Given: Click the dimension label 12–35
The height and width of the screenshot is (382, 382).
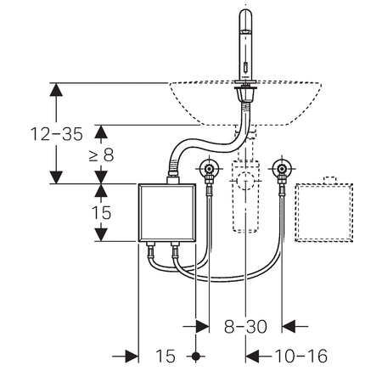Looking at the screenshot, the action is click(x=57, y=134).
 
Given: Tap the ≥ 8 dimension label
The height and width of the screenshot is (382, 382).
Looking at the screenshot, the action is click(x=101, y=155).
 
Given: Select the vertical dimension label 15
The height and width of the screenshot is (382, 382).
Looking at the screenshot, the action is click(x=101, y=213).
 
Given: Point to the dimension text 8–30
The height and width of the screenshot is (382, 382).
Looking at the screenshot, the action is click(x=245, y=327).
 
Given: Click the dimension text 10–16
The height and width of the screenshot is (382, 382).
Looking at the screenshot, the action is click(x=301, y=356).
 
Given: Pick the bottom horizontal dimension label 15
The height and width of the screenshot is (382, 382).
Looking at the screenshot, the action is click(x=166, y=356).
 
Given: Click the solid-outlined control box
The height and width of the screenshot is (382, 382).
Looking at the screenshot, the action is click(x=167, y=212).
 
